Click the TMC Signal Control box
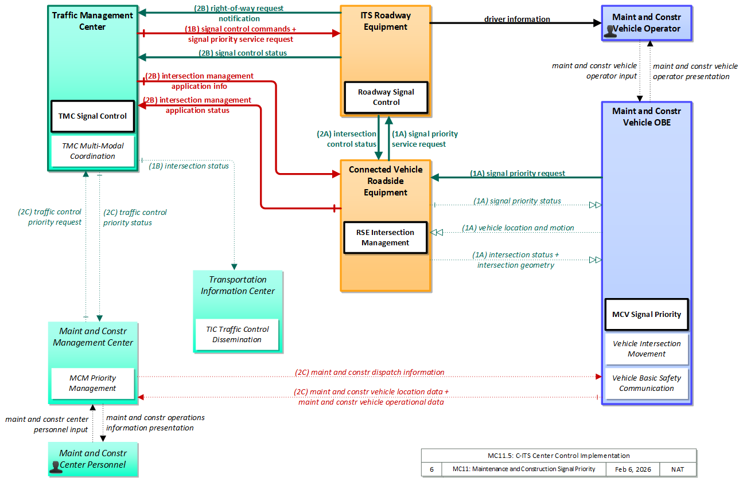[x=92, y=116]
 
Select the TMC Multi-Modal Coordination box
[x=92, y=151]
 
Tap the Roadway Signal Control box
[x=386, y=97]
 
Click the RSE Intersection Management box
[x=385, y=237]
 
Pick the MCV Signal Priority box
[x=647, y=314]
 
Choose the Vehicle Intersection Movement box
[x=647, y=349]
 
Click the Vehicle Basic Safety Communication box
[x=647, y=383]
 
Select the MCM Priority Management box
[x=92, y=383]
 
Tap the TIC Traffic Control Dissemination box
[x=237, y=334]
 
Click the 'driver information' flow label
[x=517, y=19]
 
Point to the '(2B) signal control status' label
[x=243, y=53]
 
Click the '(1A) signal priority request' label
[x=517, y=173]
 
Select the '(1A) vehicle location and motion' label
[x=518, y=228]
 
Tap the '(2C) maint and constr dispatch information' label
[x=369, y=373]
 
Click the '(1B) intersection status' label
[x=188, y=166]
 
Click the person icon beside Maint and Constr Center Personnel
[x=55, y=467]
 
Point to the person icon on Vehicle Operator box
[x=610, y=32]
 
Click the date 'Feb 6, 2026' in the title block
[x=633, y=469]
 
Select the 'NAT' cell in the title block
[x=678, y=469]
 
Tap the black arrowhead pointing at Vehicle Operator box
[x=597, y=23]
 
